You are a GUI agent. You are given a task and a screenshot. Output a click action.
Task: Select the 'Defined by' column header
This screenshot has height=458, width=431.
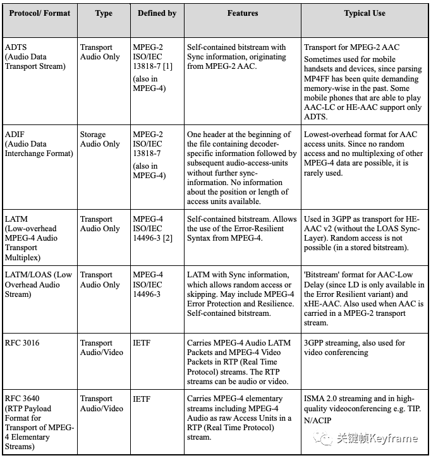pos(157,13)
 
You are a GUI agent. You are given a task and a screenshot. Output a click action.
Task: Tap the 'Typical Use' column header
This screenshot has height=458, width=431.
pos(365,13)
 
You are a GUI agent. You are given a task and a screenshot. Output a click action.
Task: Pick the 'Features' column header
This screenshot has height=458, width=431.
pos(243,13)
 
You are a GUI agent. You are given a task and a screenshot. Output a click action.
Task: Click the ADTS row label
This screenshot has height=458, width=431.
pos(16,47)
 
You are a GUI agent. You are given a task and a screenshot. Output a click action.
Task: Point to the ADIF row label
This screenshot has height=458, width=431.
pos(15,135)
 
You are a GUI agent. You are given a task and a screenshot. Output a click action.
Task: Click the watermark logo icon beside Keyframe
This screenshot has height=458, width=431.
pos(326,438)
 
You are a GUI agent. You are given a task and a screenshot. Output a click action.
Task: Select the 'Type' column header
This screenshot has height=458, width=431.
pos(104,13)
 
